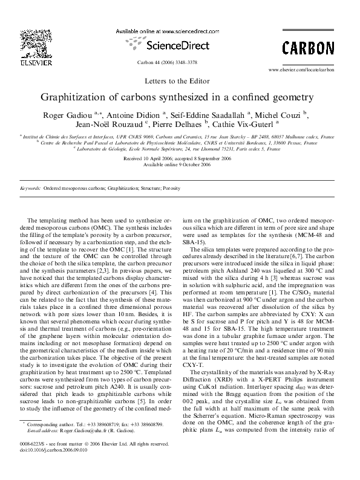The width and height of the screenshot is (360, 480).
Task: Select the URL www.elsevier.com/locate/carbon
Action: (301, 70)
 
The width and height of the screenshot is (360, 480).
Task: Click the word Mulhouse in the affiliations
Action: (293, 137)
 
